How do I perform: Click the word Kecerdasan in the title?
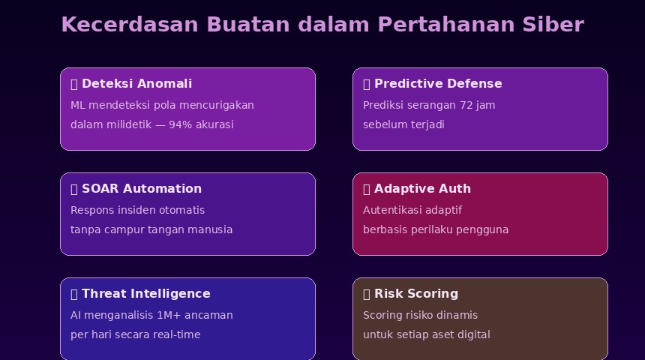pyautogui.click(x=130, y=24)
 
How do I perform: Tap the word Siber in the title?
pyautogui.click(x=553, y=24)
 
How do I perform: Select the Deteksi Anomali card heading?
pyautogui.click(x=137, y=84)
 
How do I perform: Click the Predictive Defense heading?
pyautogui.click(x=438, y=84)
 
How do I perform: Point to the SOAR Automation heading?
pyautogui.click(x=142, y=189)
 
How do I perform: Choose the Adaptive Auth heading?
pyautogui.click(x=422, y=189)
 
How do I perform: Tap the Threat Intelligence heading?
pyautogui.click(x=146, y=294)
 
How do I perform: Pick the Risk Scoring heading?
pyautogui.click(x=416, y=294)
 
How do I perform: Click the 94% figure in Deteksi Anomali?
pyautogui.click(x=180, y=124)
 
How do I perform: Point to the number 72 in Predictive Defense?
pyautogui.click(x=466, y=105)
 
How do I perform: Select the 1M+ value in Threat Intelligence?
pyautogui.click(x=169, y=315)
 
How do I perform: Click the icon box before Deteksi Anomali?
pyautogui.click(x=74, y=84)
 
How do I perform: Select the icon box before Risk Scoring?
pyautogui.click(x=367, y=294)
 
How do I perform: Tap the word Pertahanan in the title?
pyautogui.click(x=446, y=24)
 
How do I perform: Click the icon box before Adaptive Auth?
pyautogui.click(x=367, y=189)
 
